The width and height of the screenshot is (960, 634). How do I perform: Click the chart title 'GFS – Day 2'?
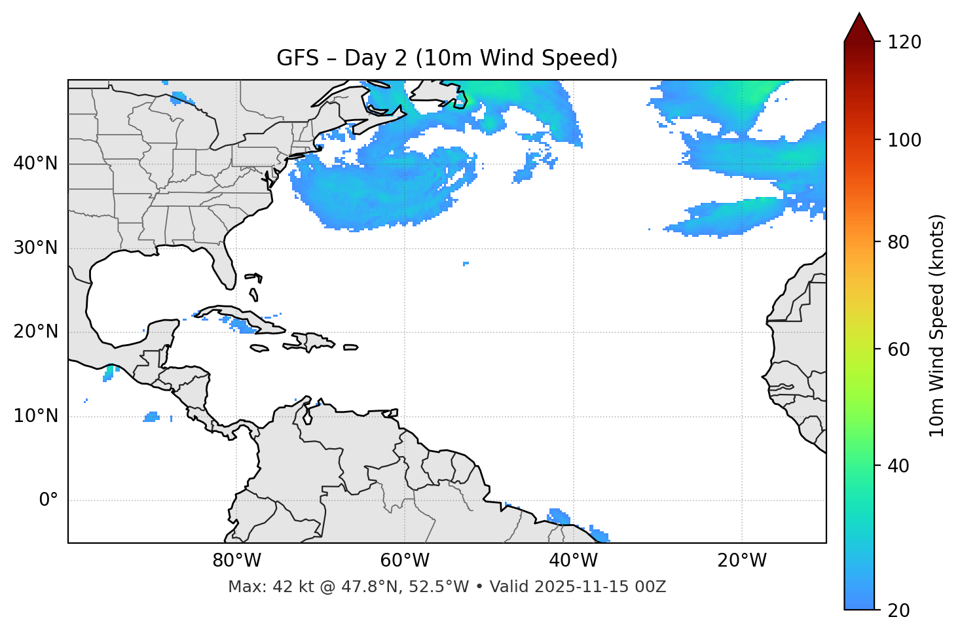(x=447, y=58)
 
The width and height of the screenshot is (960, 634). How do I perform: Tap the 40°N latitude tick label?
(x=35, y=164)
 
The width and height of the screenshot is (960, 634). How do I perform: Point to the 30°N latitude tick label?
(x=35, y=248)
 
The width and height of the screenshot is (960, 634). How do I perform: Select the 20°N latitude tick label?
(x=35, y=332)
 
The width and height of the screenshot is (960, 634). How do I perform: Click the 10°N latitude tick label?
(x=35, y=416)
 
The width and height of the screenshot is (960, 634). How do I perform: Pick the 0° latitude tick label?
(x=48, y=501)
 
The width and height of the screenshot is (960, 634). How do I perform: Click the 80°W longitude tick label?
(x=236, y=561)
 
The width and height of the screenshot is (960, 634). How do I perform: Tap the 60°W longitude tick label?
(x=405, y=561)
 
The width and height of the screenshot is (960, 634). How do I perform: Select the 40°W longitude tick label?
(x=573, y=561)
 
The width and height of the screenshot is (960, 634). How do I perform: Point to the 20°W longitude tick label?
(x=741, y=561)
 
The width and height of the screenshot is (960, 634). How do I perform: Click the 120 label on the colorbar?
(x=904, y=43)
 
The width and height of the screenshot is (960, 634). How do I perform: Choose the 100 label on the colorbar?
(x=904, y=140)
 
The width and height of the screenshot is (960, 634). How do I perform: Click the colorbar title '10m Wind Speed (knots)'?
(x=937, y=325)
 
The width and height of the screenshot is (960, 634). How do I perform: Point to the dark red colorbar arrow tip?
(x=859, y=16)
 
